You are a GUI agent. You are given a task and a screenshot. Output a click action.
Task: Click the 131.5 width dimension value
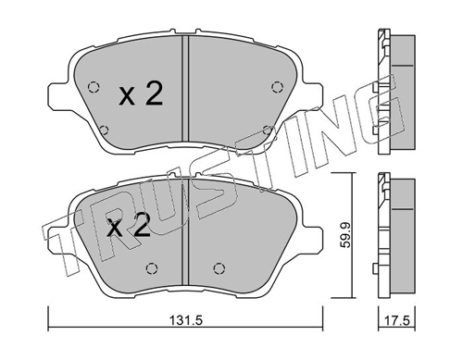(x=185, y=321)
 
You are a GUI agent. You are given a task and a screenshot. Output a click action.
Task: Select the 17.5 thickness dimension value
(x=398, y=321)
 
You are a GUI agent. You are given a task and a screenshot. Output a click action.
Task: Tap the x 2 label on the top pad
(x=141, y=94)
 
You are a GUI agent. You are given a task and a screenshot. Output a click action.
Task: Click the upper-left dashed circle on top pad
(x=94, y=87)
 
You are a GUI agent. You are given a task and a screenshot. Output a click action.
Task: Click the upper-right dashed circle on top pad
(x=277, y=87)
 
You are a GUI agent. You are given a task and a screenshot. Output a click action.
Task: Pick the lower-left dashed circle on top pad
(x=105, y=130)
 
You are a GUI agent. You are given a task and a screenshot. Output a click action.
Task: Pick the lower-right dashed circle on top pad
(x=267, y=130)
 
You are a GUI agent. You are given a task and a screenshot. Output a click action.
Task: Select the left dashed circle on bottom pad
(x=151, y=268)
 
